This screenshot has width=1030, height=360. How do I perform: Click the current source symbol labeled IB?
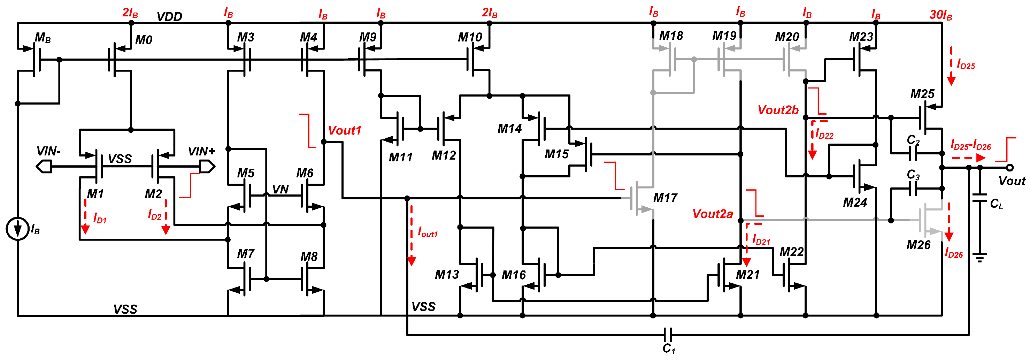click(x=17, y=229)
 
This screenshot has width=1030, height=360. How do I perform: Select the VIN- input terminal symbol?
click(x=44, y=166)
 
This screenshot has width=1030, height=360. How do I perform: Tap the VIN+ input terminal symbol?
click(x=207, y=166)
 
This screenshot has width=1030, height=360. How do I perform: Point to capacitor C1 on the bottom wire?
click(x=668, y=335)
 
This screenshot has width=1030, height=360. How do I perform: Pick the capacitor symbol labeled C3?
click(x=913, y=189)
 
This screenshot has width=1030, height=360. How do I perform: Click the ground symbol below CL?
click(x=979, y=257)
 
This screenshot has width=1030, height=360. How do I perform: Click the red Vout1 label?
click(x=344, y=130)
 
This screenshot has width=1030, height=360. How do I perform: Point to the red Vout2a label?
click(x=713, y=214)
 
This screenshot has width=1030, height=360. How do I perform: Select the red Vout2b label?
click(x=778, y=110)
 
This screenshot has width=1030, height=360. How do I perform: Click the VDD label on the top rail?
click(x=169, y=16)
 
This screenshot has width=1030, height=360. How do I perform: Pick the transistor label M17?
click(x=665, y=198)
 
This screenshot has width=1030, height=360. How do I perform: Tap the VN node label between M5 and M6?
click(x=280, y=189)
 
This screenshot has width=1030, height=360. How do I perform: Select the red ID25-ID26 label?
click(x=970, y=145)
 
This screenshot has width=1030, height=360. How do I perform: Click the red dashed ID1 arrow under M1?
click(x=85, y=216)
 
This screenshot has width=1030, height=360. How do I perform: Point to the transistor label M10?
click(x=470, y=37)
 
